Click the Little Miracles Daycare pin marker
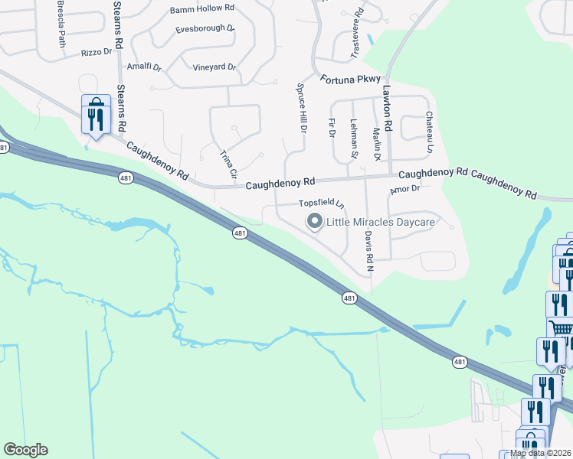(x=314, y=222)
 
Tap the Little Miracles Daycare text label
(x=381, y=223)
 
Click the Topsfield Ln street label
(x=322, y=204)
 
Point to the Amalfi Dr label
(x=144, y=67)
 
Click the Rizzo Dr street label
(x=97, y=54)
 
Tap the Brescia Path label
(x=61, y=23)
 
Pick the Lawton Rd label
(x=388, y=112)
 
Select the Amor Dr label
(x=405, y=189)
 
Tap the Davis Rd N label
(x=368, y=252)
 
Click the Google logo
(x=25, y=450)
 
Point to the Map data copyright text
(x=541, y=453)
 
